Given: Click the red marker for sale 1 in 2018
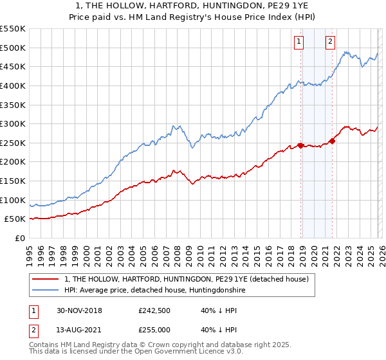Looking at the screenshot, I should click(x=300, y=145).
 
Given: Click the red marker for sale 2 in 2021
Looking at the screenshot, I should click(x=332, y=141).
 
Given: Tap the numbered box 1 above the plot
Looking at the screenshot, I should click(x=299, y=42).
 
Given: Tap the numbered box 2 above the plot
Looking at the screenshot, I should click(x=330, y=42).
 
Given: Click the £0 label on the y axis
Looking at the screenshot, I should click(x=19, y=238).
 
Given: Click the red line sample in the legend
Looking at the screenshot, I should click(x=46, y=279).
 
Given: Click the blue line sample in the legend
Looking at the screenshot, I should click(x=46, y=290).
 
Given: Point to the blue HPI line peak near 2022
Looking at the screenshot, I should click(x=345, y=52).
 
